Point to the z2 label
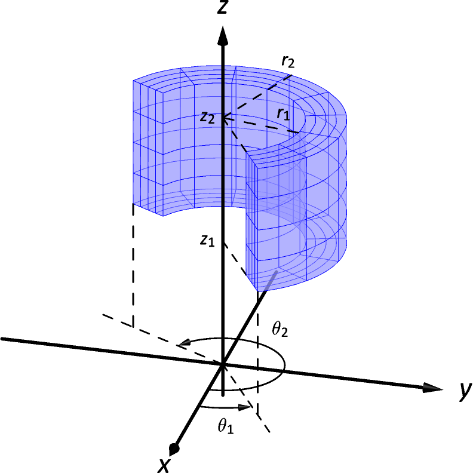pyautogui.click(x=207, y=118)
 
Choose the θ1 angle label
pyautogui.click(x=226, y=426)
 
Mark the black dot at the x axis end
pyautogui.click(x=174, y=447)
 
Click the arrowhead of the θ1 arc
pyautogui.click(x=245, y=408)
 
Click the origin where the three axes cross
pyautogui.click(x=223, y=364)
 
